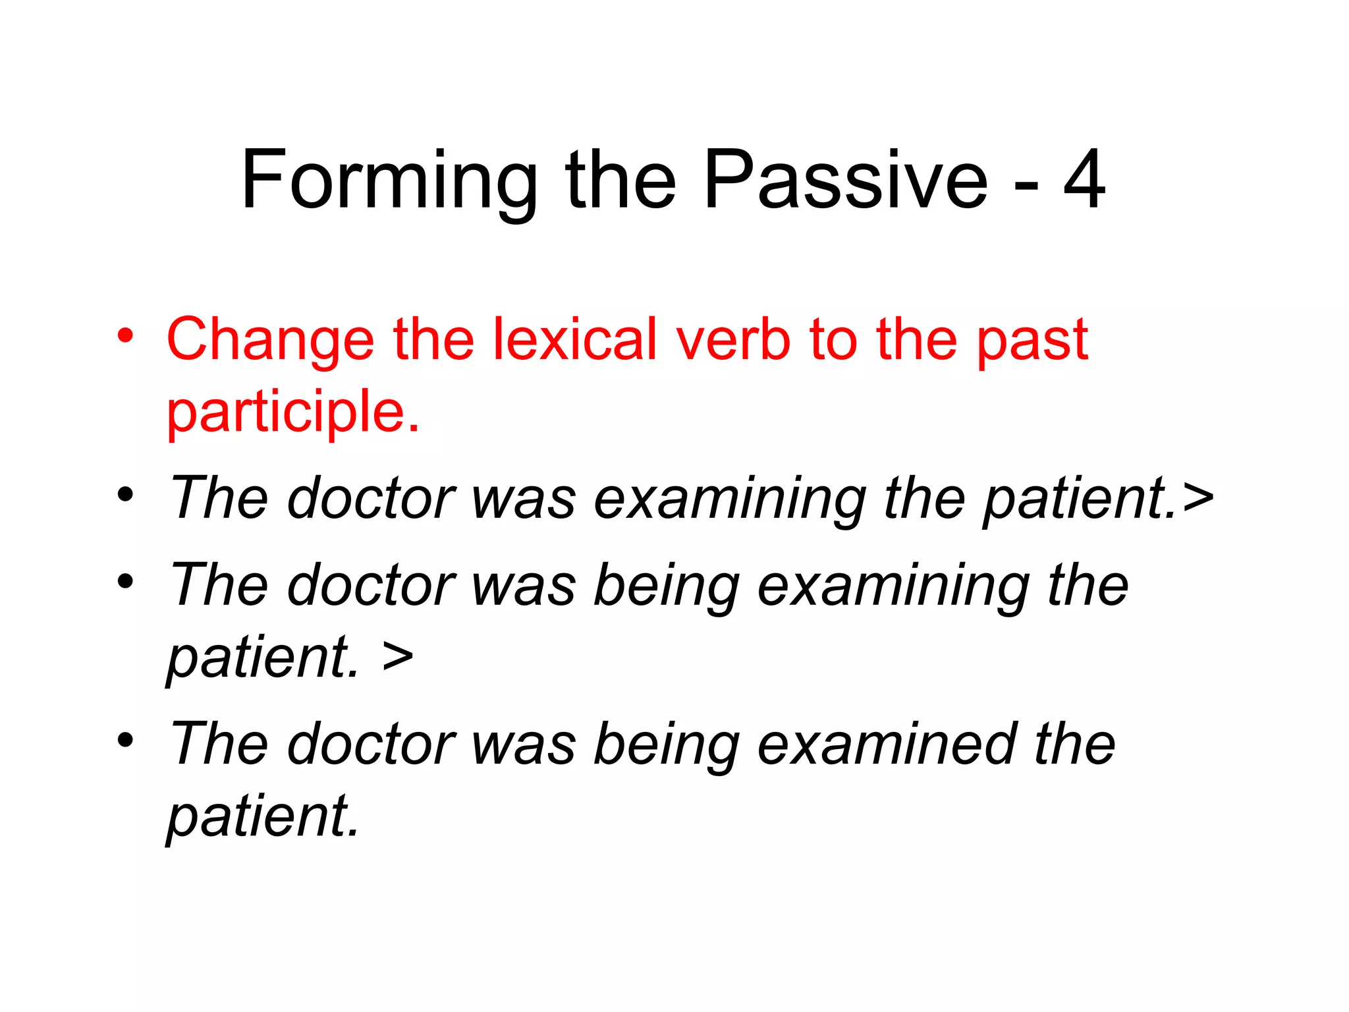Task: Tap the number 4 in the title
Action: (1084, 179)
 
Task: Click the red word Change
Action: (270, 340)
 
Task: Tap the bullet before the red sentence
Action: (125, 335)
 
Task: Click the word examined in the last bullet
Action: (887, 745)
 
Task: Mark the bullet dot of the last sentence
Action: (125, 739)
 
